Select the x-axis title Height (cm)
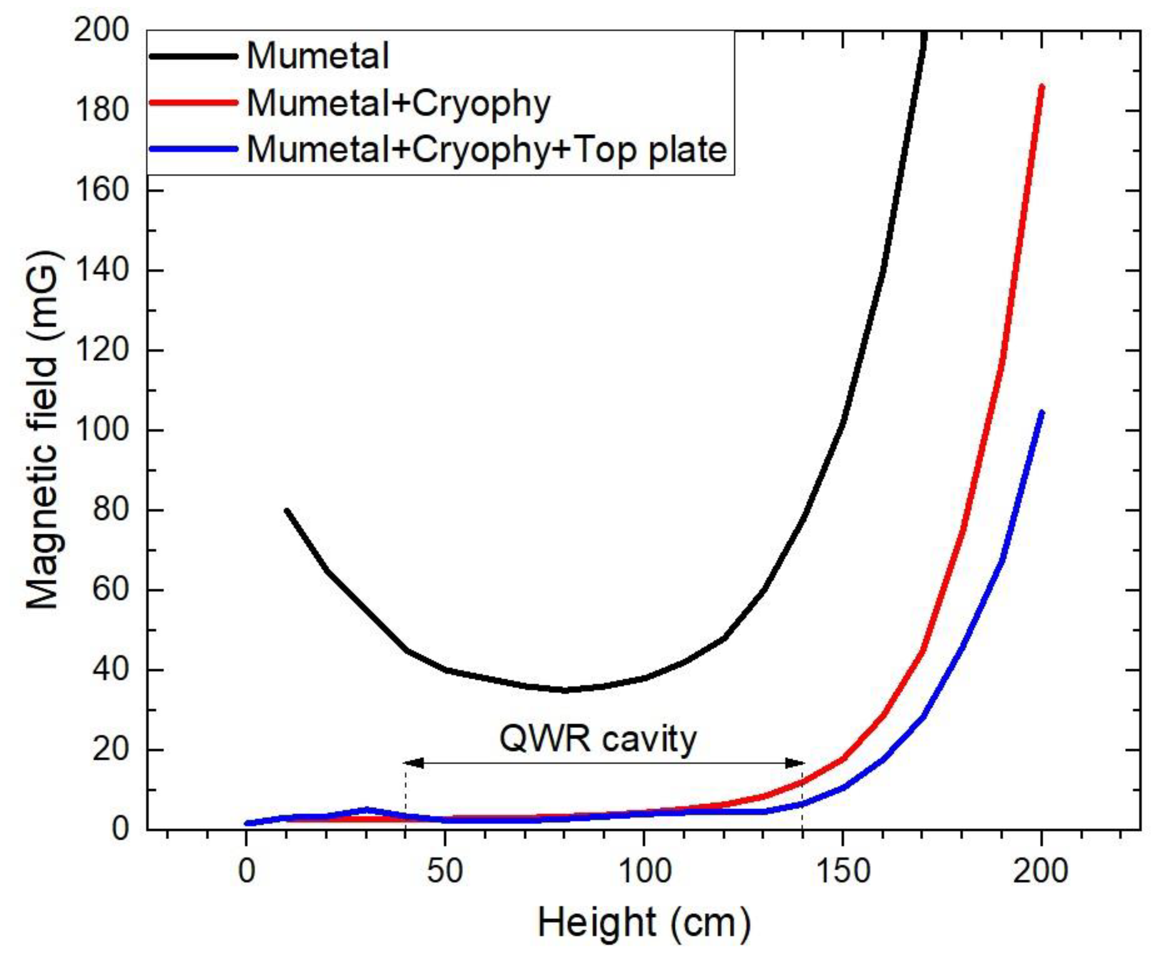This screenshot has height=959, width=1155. (643, 922)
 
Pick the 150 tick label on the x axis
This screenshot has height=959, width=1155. (843, 872)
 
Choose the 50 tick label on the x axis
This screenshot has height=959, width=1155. (445, 872)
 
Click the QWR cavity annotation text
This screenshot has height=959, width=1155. (598, 739)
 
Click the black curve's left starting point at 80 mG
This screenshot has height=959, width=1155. (287, 511)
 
